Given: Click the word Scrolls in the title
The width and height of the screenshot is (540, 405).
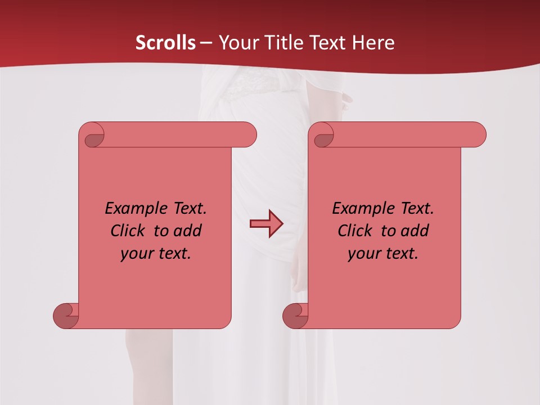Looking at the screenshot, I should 165,43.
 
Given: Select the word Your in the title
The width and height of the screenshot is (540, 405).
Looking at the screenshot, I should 236,43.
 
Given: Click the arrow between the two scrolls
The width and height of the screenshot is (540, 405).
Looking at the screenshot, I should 266,224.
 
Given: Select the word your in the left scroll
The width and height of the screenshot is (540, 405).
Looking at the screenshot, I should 137,254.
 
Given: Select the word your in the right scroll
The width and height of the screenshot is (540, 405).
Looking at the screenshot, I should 364,254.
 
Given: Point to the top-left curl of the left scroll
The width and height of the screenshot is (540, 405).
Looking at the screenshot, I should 94,137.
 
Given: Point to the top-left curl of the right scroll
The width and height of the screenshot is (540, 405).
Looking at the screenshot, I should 323,137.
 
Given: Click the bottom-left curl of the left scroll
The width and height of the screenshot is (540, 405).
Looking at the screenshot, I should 65,316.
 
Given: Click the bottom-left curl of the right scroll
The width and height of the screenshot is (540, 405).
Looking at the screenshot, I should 295,316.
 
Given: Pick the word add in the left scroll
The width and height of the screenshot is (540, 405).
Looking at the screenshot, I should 188,231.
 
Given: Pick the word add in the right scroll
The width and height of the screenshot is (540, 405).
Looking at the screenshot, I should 415,231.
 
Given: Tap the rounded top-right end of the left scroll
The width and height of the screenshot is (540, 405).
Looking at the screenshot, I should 249,134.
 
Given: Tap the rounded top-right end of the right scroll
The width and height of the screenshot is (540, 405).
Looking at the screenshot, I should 478,134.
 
